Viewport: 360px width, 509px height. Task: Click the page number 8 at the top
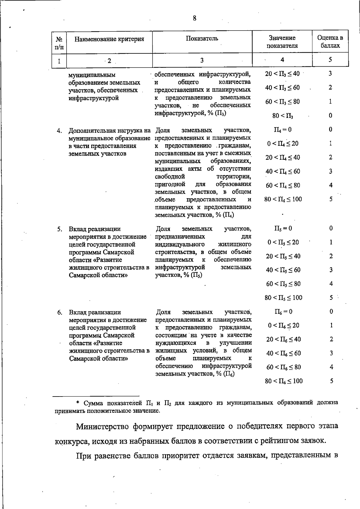click(194, 19)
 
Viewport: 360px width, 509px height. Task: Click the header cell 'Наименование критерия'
click(109, 39)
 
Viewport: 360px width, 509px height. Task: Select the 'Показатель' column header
click(202, 38)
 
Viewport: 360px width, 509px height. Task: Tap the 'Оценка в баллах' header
click(330, 42)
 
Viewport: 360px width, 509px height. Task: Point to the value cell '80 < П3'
click(283, 116)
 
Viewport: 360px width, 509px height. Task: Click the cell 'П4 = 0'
click(282, 130)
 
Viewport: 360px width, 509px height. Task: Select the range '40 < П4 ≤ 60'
click(283, 172)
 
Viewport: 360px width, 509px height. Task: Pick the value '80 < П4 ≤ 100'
click(283, 199)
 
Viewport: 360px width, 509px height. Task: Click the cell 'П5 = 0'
click(283, 228)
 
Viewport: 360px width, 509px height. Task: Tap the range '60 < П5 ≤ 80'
click(283, 284)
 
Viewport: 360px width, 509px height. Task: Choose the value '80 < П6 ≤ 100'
click(283, 381)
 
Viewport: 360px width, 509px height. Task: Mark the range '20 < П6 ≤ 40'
click(283, 340)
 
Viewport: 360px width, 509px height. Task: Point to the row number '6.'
click(60, 313)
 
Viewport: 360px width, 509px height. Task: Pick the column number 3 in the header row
click(202, 60)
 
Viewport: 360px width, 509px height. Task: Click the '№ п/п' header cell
click(59, 42)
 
